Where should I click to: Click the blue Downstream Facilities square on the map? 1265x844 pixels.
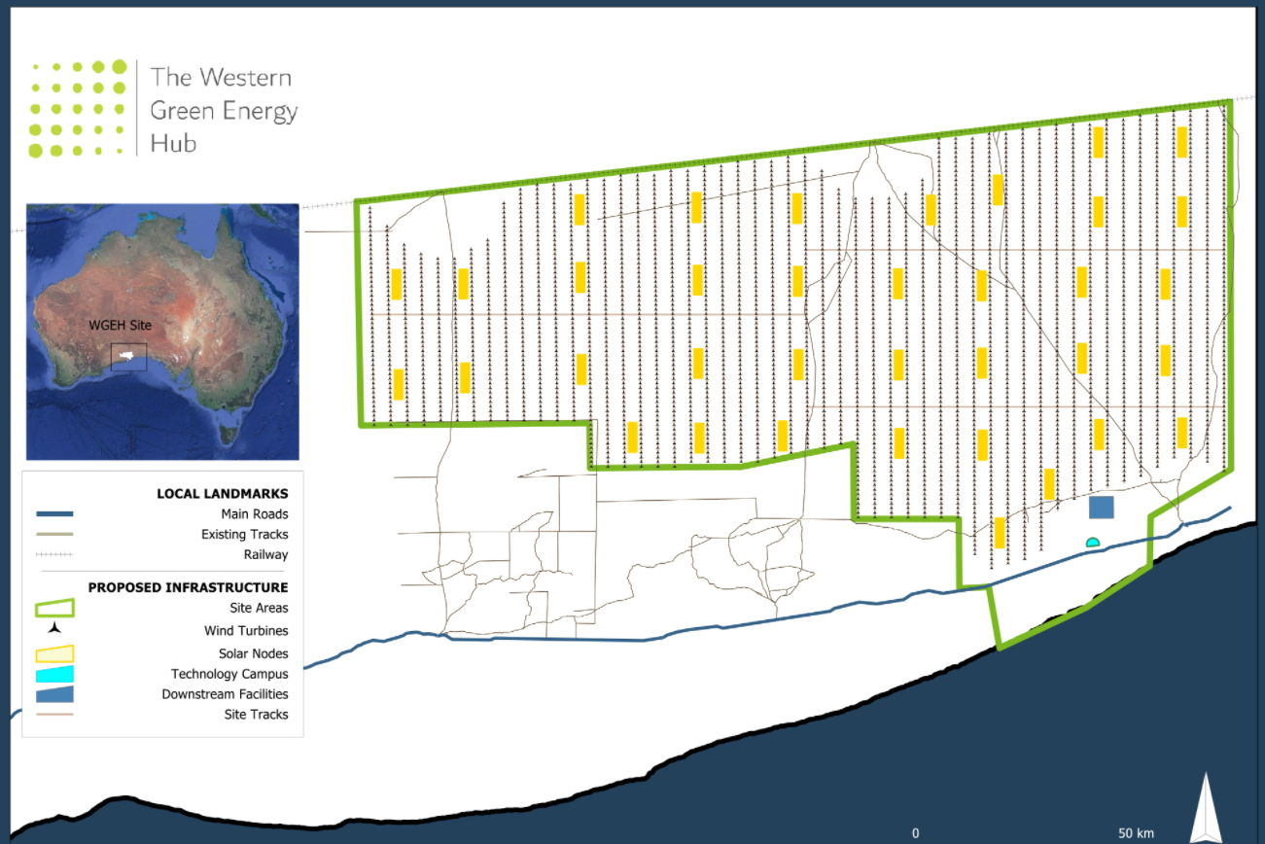coord(1101,508)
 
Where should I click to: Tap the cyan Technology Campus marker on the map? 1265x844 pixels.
coord(1092,542)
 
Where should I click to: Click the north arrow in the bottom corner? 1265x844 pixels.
coord(1206,809)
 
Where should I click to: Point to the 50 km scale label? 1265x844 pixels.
coord(1136,833)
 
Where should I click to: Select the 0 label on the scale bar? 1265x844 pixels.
coord(915,833)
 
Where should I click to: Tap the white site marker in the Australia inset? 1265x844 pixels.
coord(125,356)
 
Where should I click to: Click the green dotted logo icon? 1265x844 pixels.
coord(79,107)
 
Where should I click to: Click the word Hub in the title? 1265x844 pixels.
coord(173,144)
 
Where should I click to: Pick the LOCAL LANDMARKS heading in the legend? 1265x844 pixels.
coord(222,494)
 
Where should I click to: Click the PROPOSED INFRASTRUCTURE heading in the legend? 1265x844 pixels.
coord(188,587)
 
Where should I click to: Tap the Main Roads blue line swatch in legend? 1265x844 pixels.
coord(54,513)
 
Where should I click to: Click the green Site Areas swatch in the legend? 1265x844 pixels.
coord(54,609)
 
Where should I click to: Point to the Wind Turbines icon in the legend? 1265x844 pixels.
coord(54,630)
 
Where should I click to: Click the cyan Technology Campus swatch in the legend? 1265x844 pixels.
coord(54,674)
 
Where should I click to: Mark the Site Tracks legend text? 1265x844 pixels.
coord(256,715)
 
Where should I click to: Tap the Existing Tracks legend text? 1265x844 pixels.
coord(244,534)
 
